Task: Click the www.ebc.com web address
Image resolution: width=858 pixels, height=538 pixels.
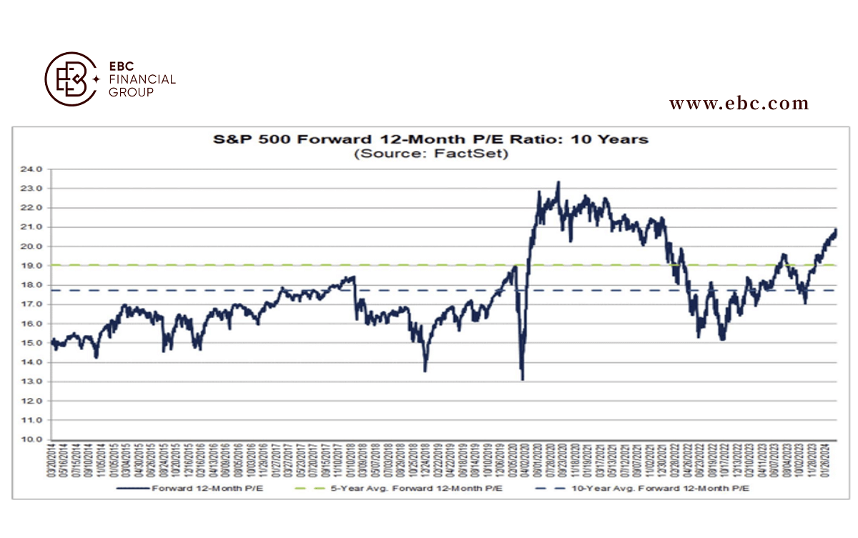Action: [739, 104]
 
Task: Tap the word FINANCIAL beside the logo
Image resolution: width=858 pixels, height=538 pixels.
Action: [142, 79]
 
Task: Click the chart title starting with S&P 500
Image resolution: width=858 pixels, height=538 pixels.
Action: [431, 139]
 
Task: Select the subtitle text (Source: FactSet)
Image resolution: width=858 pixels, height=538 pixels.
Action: [431, 154]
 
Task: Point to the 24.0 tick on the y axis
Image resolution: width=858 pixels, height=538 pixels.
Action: [35, 169]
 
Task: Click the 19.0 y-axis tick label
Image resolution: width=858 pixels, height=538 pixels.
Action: [35, 266]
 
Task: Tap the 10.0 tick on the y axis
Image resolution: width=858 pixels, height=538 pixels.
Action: [35, 439]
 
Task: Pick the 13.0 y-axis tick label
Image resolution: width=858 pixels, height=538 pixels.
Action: [35, 382]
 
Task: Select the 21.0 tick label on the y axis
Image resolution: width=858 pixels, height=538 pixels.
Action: [35, 227]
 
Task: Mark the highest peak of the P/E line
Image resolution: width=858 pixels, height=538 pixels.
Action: [558, 182]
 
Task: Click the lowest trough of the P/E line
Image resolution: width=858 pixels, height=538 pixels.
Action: [523, 379]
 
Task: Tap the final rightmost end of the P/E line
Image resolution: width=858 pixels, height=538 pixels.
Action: [836, 230]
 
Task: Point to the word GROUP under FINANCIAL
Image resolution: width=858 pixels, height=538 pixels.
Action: [130, 92]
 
